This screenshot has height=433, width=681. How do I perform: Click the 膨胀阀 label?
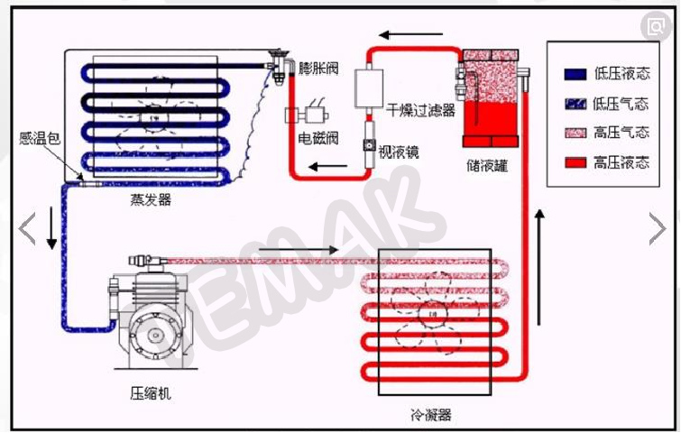(x=318, y=69)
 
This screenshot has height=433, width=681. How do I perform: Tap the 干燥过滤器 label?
(x=420, y=110)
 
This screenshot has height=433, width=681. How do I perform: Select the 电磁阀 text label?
(x=317, y=139)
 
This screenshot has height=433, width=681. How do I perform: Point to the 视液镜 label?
(x=399, y=152)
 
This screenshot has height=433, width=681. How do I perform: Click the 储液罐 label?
(x=487, y=165)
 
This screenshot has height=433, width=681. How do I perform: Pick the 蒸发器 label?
(x=151, y=199)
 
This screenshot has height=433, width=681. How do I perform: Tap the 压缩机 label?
(x=151, y=393)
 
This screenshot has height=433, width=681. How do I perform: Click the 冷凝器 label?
(x=431, y=415)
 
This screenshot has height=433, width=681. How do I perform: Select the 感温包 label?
(x=39, y=138)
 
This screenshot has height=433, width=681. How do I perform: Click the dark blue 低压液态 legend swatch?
(x=575, y=74)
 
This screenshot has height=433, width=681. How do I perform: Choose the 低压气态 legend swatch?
(x=575, y=104)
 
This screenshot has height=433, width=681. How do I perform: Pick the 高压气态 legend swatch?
(x=575, y=133)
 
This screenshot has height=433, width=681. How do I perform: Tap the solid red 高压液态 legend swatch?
(x=575, y=162)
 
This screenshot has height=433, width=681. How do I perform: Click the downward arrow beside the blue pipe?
(x=51, y=228)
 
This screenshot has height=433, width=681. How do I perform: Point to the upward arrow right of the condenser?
(x=539, y=267)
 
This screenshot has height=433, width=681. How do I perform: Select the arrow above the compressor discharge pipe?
(x=299, y=250)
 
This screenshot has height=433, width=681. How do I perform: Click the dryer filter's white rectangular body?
(x=369, y=88)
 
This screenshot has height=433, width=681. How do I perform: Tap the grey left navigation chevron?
(x=27, y=228)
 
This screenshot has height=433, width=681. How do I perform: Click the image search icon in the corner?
(x=656, y=27)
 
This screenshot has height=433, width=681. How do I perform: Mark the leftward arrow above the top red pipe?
(x=411, y=34)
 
